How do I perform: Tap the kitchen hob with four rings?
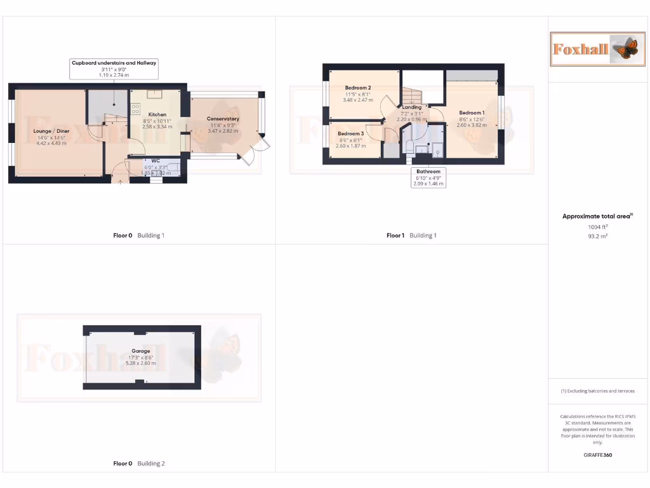click(136, 109)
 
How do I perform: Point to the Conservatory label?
click(223, 119)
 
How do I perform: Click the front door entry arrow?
click(121, 180)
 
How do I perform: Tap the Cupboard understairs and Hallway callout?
click(114, 63)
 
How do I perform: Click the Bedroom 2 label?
click(358, 88)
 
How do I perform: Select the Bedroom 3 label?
click(350, 134)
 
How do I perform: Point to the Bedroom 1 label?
click(472, 113)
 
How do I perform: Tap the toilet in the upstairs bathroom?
click(409, 147)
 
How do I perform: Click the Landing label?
click(411, 107)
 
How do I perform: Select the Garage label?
click(141, 351)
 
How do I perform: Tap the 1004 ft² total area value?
click(597, 226)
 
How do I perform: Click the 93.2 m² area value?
click(597, 236)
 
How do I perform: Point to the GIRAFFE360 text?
click(597, 455)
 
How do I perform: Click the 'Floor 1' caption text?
click(395, 236)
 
